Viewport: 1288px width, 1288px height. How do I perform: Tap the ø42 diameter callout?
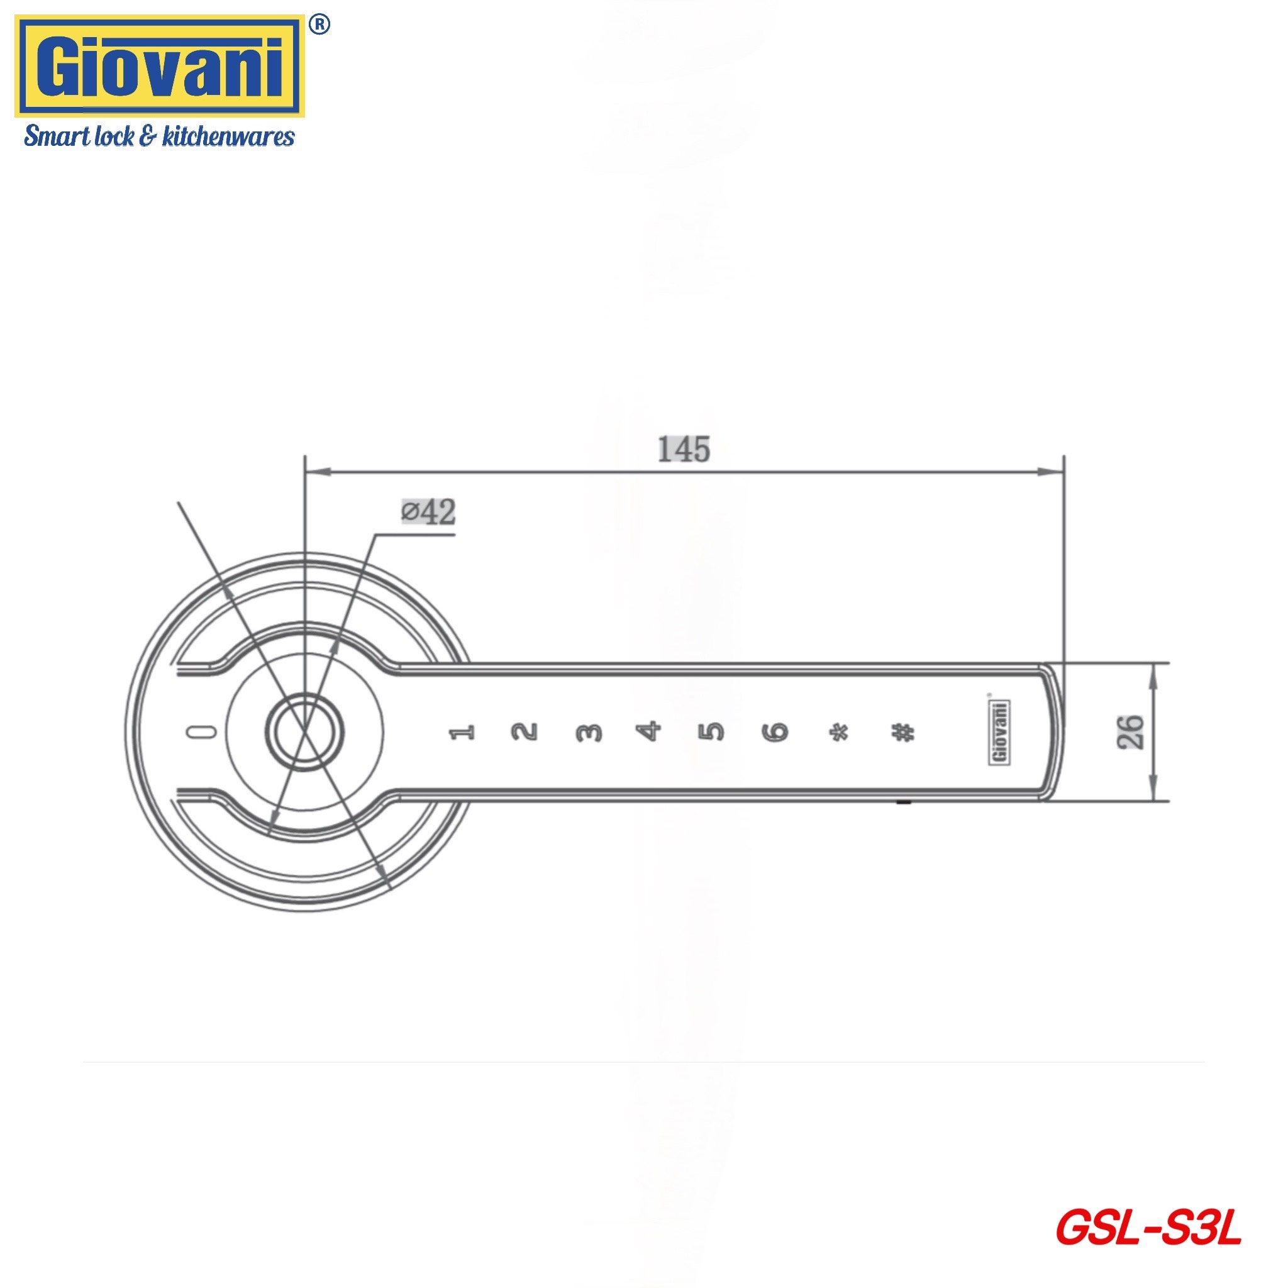(429, 512)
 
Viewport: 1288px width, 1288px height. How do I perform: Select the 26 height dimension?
(1131, 731)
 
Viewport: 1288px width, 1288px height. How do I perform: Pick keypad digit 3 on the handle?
(588, 733)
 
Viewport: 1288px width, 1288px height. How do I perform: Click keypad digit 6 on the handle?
(775, 732)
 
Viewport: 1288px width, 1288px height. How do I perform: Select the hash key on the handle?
(902, 733)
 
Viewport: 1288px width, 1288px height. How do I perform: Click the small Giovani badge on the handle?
(998, 731)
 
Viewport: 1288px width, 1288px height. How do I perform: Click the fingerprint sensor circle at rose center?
(305, 731)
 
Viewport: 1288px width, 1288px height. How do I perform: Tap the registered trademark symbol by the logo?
(320, 24)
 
